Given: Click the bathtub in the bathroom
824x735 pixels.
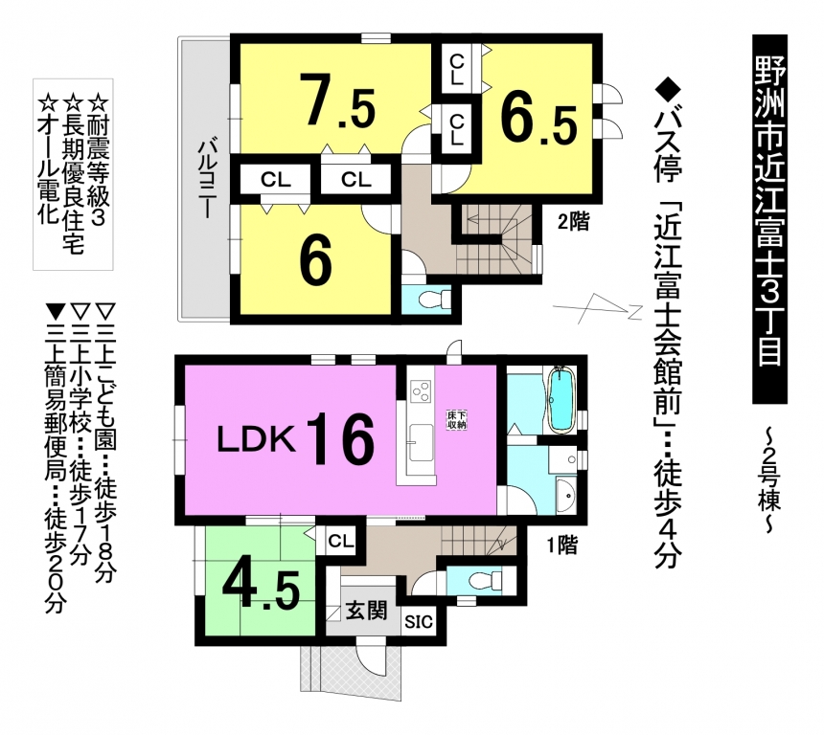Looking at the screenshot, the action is click(561, 401).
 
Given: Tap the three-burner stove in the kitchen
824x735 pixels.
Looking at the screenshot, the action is click(422, 391).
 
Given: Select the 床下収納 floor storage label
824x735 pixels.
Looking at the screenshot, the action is click(456, 420).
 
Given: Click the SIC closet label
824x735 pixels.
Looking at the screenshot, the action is click(419, 622).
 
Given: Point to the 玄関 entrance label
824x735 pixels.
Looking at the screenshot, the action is click(366, 611).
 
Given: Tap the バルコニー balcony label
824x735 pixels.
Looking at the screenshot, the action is click(206, 179).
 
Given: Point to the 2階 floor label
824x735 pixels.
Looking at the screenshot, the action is click(573, 222).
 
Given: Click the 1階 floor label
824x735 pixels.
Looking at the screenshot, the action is click(562, 546).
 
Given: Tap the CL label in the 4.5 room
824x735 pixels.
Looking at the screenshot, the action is click(340, 541).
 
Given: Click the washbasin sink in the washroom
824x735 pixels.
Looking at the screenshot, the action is click(566, 495).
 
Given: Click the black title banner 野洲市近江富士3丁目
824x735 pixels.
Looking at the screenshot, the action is click(770, 219).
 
